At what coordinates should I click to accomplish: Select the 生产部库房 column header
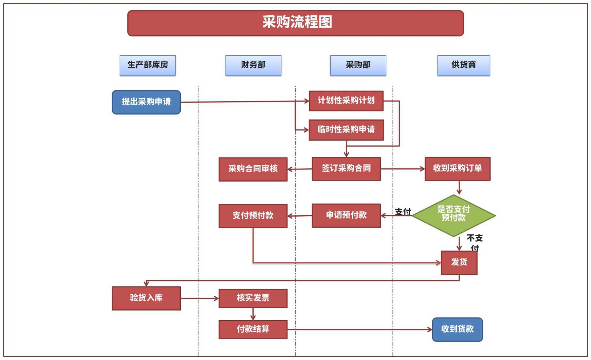(x=147, y=65)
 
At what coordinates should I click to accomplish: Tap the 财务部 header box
(x=253, y=65)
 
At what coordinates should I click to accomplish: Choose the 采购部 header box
(x=358, y=65)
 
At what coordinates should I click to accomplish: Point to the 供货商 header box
(x=464, y=65)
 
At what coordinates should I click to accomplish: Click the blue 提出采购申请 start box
(x=146, y=102)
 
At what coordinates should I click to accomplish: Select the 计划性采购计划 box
(x=346, y=101)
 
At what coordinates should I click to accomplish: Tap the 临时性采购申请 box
(x=346, y=130)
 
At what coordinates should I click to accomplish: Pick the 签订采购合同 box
(x=346, y=169)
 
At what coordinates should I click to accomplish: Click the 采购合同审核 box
(x=253, y=169)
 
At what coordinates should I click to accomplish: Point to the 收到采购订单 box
(x=457, y=169)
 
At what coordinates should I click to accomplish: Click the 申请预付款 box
(x=346, y=215)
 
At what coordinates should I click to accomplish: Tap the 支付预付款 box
(x=253, y=216)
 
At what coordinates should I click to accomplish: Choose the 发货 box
(x=459, y=262)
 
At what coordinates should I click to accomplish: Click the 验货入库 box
(x=146, y=298)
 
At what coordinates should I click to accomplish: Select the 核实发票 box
(x=253, y=298)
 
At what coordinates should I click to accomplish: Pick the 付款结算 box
(x=253, y=330)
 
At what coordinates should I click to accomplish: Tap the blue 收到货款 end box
(x=457, y=330)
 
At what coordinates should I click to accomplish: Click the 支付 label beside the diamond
(x=403, y=212)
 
